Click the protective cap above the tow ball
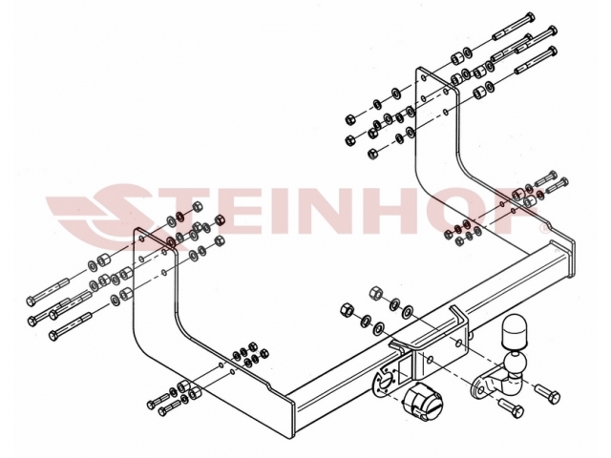pos(515,332)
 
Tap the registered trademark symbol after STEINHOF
pos(544,229)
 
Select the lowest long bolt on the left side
pos(71,325)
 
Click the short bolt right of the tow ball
pos(548,393)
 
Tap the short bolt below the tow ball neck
pos(511,408)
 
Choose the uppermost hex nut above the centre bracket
pos(374,293)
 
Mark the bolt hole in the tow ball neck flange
pos(481,389)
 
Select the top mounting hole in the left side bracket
pos(142,238)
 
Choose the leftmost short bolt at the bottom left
pos(158,401)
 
